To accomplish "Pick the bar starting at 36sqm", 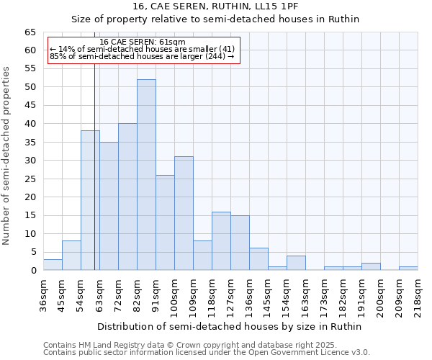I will tap(53, 265).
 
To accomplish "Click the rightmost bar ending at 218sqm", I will tap(408, 269).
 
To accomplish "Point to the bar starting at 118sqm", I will tap(221, 241).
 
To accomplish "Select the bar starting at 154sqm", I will tap(296, 263).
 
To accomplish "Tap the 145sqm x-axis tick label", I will tap(268, 294).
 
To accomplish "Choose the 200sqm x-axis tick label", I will tap(380, 294).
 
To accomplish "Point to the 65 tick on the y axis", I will tap(30, 32).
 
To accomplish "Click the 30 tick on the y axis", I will tap(30, 161).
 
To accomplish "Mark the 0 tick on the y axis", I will tap(33, 271).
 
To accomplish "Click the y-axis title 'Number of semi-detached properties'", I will tap(7, 156).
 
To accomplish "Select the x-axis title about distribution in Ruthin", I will tap(230, 326).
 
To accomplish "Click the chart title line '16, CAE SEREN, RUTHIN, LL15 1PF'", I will tap(215, 6).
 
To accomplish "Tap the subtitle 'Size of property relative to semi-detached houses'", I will tap(215, 19).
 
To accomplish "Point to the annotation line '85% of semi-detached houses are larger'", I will tap(142, 56).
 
